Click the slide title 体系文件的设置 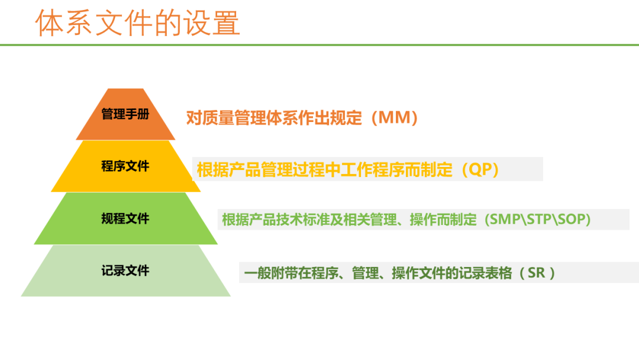137,23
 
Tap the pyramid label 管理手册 125,114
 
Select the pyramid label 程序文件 125,166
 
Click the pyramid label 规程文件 125,218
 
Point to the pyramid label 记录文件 125,271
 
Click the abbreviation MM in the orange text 395,118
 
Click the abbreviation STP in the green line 539,219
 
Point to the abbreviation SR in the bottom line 536,273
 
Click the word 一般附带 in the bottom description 271,273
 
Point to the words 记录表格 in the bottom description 485,273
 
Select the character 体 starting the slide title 49,23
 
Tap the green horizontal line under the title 319,45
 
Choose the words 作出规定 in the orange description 330,118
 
